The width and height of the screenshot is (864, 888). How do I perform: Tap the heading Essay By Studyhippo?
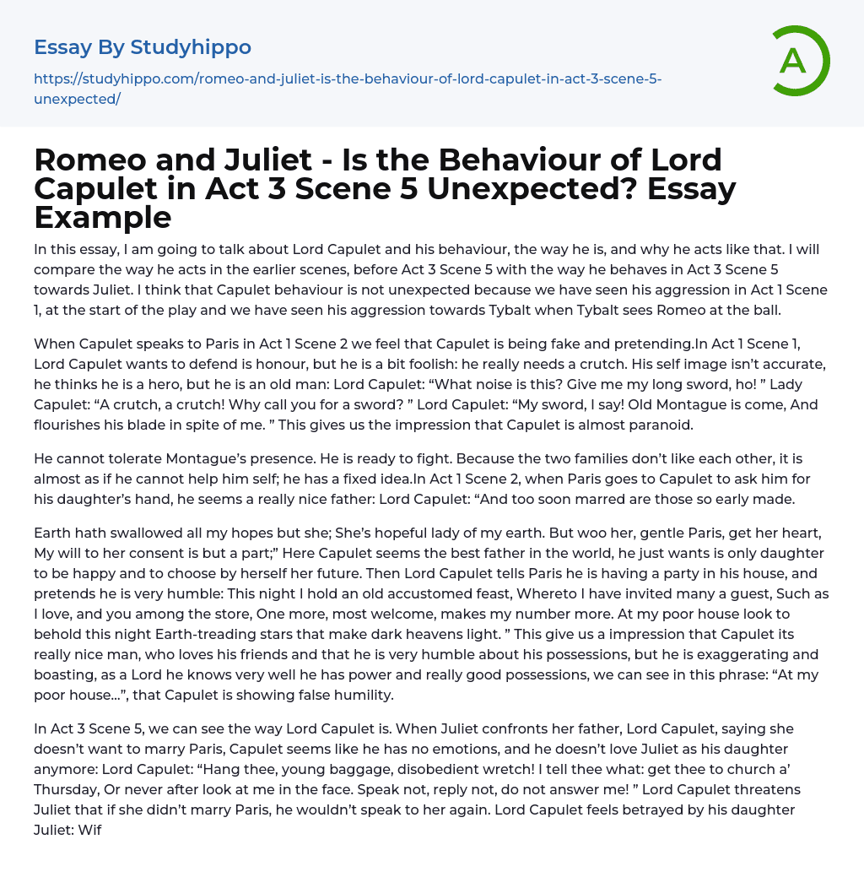coord(143,47)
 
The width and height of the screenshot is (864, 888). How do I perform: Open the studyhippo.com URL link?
coord(347,89)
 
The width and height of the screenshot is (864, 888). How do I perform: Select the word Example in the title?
coord(103,217)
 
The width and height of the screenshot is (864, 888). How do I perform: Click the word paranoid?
coord(658,425)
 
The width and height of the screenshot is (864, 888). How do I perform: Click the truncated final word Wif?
coord(89,830)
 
